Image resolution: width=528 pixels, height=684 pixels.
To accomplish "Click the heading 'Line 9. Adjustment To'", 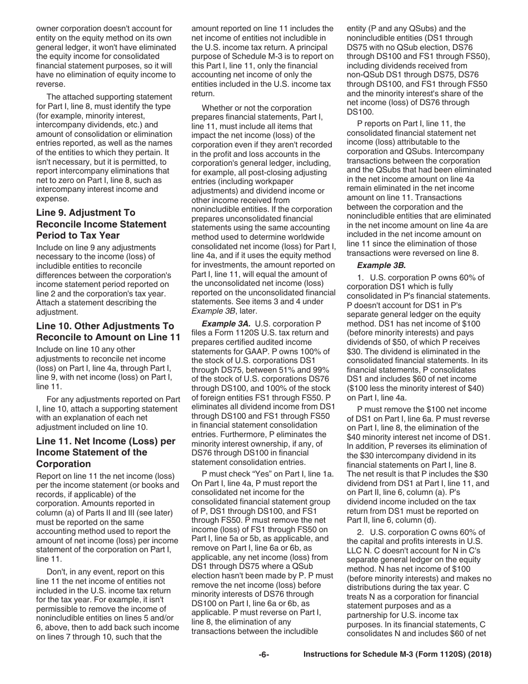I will tap(86, 213).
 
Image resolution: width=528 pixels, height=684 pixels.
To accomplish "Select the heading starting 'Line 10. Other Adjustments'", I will tap(105, 326).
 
